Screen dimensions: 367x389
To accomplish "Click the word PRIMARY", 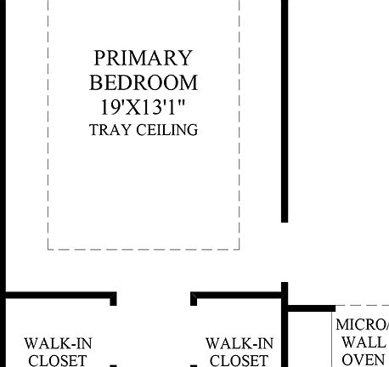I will coord(144,59).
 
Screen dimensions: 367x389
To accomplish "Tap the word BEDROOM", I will coord(144,82).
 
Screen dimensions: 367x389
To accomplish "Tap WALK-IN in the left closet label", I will coord(58,344).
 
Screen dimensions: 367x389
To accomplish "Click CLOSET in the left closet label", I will coord(58,360).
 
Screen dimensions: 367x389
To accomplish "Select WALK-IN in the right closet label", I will coord(240,344).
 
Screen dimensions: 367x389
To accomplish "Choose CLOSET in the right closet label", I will coord(240,360).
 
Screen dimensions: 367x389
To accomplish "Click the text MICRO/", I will coord(361,325).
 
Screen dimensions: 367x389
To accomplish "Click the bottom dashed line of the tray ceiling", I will coord(144,249).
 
